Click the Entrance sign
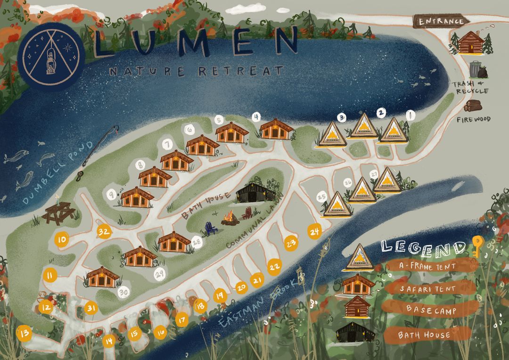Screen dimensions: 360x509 pyautogui.click(x=439, y=21)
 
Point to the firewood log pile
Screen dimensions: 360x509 pyautogui.click(x=473, y=106)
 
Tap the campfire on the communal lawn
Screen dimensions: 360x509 pyautogui.click(x=230, y=218)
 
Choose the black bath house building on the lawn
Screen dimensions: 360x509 pyautogui.click(x=255, y=192)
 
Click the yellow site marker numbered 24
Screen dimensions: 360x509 pyautogui.click(x=315, y=231)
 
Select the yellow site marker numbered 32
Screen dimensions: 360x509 pyautogui.click(x=104, y=231)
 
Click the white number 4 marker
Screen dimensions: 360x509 pyautogui.click(x=256, y=117)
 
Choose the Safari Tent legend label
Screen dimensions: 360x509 pyautogui.click(x=427, y=288)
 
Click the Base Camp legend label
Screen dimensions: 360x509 pyautogui.click(x=427, y=309)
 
